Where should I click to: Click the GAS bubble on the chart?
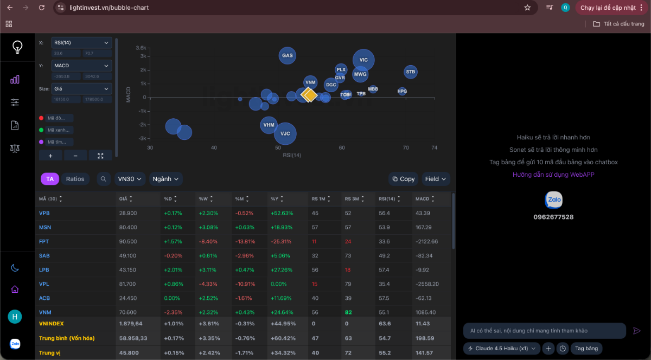tap(288, 55)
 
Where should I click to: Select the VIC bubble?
tap(363, 60)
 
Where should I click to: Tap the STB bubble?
tap(411, 72)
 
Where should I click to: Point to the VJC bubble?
tap(285, 133)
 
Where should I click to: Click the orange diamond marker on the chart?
tap(309, 95)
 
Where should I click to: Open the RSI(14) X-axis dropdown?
tap(81, 43)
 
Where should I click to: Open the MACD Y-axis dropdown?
tap(81, 66)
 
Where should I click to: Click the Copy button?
tap(404, 179)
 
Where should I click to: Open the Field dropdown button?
tap(436, 179)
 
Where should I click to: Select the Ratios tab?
tap(75, 179)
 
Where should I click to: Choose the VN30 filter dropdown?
tap(130, 179)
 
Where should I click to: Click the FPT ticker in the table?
tap(44, 241)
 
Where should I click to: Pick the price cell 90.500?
tap(128, 241)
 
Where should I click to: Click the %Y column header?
tap(276, 199)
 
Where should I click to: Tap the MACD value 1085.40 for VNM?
tap(426, 312)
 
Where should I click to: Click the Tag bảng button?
tap(586, 349)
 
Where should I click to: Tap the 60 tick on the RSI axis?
tap(342, 147)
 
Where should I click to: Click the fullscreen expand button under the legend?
tap(100, 156)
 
